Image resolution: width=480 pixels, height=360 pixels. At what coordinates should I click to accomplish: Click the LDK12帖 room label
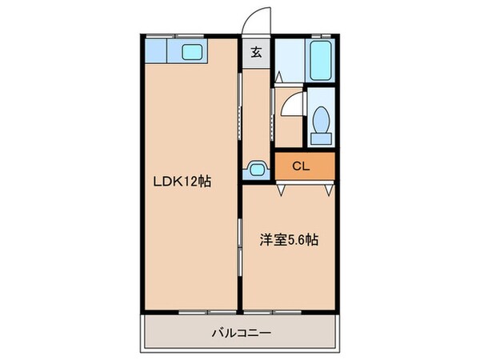click(182, 182)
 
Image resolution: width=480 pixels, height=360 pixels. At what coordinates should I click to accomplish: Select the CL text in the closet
click(301, 166)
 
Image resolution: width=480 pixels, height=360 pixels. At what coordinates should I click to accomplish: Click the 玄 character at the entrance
click(257, 54)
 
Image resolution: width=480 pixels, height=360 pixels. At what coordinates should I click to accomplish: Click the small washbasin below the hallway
click(258, 169)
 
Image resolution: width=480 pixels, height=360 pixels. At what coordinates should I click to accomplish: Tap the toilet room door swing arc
click(293, 104)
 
